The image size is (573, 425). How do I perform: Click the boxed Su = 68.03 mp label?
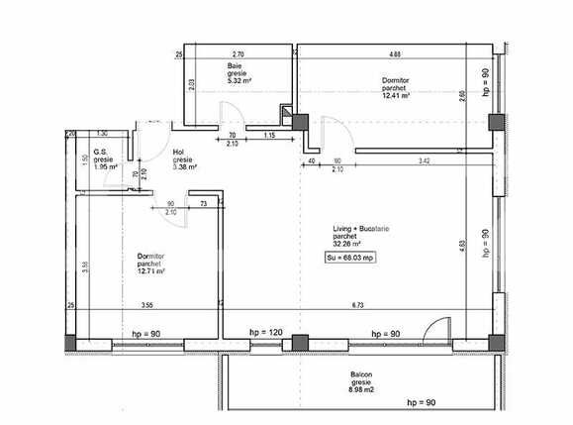pos(350,258)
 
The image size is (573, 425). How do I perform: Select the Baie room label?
pos(235,65)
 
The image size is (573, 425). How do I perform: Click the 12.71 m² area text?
pos(150,270)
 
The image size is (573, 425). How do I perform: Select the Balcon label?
pos(361,374)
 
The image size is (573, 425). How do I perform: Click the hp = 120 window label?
pos(266,334)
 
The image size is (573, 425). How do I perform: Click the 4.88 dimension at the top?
pos(395,53)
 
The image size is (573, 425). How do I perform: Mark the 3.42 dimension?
pos(424,159)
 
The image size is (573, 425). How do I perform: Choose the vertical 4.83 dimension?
pos(462,244)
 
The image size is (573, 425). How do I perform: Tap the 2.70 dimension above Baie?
pos(238,53)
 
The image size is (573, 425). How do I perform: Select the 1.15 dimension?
pos(269,135)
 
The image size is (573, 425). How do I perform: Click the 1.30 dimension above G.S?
pos(101,134)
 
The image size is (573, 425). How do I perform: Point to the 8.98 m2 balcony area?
pos(361,390)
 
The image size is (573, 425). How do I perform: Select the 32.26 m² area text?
pos(346,244)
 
